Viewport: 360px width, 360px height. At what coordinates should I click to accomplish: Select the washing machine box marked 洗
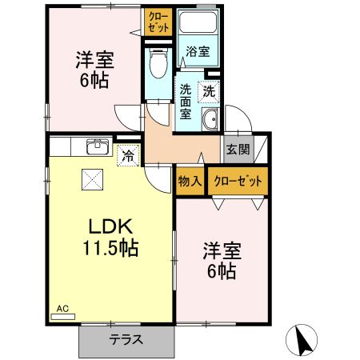click(209, 91)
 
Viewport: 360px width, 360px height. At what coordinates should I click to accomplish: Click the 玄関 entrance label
click(237, 149)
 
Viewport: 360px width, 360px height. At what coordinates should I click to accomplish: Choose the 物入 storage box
click(190, 181)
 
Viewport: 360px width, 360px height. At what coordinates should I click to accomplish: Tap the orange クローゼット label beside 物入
click(238, 181)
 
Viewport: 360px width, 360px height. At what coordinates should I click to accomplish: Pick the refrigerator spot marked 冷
click(127, 156)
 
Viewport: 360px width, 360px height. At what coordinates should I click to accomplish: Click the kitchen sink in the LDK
click(98, 146)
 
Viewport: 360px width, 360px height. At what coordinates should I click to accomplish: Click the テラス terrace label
click(126, 339)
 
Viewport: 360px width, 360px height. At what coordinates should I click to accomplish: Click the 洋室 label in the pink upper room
click(93, 59)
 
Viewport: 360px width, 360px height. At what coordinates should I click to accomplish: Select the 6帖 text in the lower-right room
click(222, 271)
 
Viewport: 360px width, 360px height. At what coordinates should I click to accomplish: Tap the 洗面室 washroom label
click(185, 101)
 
